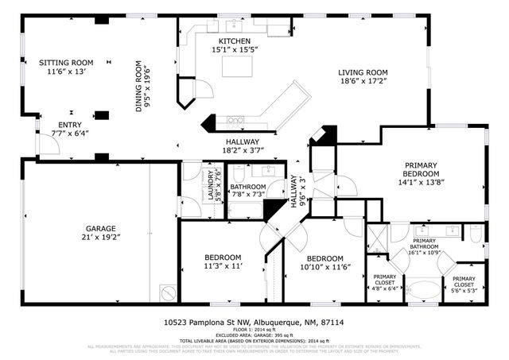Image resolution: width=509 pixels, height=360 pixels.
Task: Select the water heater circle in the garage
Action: pyautogui.click(x=168, y=292)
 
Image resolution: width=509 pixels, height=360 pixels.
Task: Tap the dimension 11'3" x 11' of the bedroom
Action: pyautogui.click(x=223, y=267)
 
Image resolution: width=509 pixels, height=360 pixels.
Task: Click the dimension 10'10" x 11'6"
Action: pyautogui.click(x=325, y=268)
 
